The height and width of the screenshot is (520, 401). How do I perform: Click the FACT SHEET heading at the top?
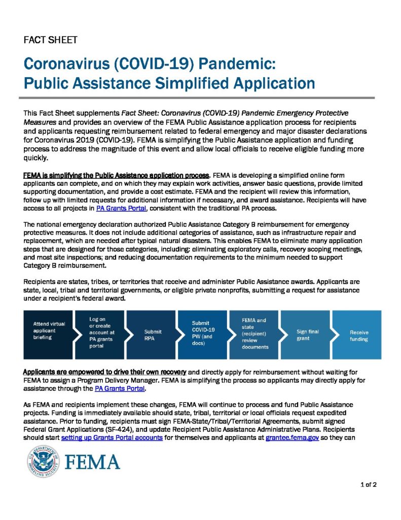point(50,40)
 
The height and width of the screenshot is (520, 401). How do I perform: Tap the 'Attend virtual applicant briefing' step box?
point(49,331)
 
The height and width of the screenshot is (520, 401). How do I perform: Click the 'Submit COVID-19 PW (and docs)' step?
point(203,333)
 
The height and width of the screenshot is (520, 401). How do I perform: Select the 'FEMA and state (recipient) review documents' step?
point(254,334)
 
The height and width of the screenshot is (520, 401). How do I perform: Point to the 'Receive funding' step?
point(359,335)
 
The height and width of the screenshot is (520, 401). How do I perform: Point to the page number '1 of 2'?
point(368,484)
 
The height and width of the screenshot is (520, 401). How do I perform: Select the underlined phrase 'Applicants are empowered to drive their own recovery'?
point(105,371)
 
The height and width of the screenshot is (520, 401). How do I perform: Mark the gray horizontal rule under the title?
point(200,97)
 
